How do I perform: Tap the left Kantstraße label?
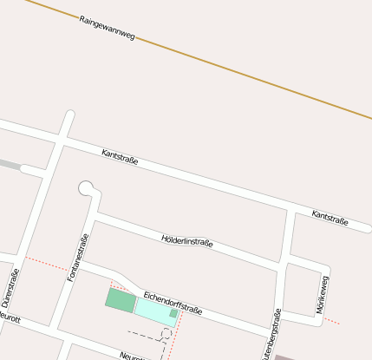pos(120,159)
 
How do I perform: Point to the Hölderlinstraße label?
pos(186,241)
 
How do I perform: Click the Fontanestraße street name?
pos(77,259)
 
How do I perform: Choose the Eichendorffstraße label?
pos(173,303)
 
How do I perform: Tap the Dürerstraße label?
pos(10,289)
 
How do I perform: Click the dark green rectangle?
pos(121,300)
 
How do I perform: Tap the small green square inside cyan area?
pos(173,313)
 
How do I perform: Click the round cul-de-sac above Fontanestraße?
pos(86,187)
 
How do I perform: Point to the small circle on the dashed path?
pos(166,333)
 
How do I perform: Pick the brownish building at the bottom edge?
pos(285,357)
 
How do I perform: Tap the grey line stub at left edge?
pos(9,163)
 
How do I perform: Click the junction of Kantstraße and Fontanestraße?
pos(59,139)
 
